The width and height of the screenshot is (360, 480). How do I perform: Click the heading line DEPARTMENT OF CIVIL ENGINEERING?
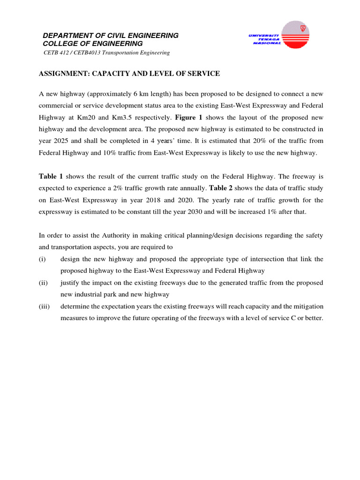(x=111, y=36)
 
